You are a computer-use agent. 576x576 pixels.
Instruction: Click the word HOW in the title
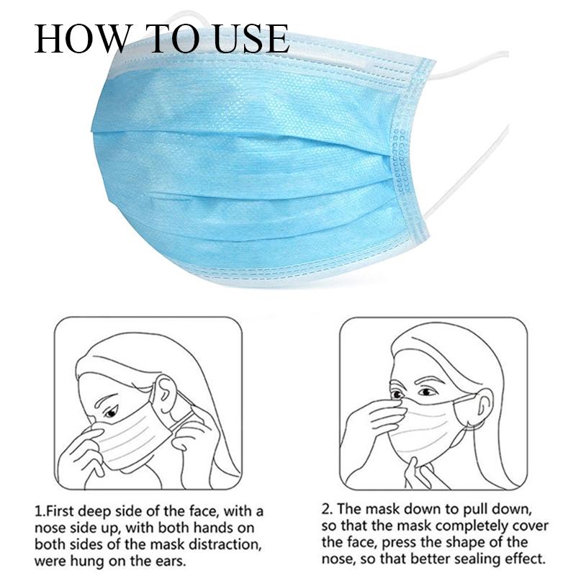click(x=81, y=39)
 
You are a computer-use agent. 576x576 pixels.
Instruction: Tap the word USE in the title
click(x=251, y=39)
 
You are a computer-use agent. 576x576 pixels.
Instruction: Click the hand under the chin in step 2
click(x=419, y=473)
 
